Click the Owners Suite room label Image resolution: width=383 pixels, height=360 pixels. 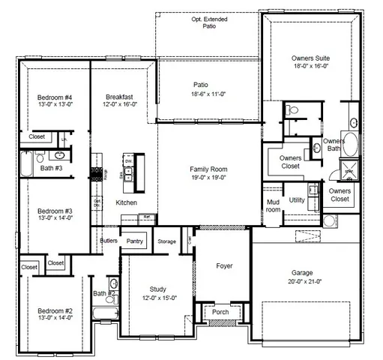310,58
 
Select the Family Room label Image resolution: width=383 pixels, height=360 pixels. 209,169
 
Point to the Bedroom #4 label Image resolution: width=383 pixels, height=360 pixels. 55,97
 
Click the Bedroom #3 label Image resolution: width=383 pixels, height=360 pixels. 55,211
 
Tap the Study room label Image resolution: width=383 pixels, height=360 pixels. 157,289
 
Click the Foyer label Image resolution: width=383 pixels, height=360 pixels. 224,265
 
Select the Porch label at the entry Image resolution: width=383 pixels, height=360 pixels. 221,312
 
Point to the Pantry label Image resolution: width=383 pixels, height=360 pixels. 135,241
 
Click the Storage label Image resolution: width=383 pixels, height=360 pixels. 166,241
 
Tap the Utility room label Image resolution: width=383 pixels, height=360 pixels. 297,200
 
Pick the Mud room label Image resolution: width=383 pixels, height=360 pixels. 273,205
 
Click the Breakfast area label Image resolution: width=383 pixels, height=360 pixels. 119,97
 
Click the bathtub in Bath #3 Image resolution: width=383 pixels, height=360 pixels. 26,161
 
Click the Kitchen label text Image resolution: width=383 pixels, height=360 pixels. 126,202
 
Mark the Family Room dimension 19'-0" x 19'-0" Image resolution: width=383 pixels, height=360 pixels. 209,178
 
